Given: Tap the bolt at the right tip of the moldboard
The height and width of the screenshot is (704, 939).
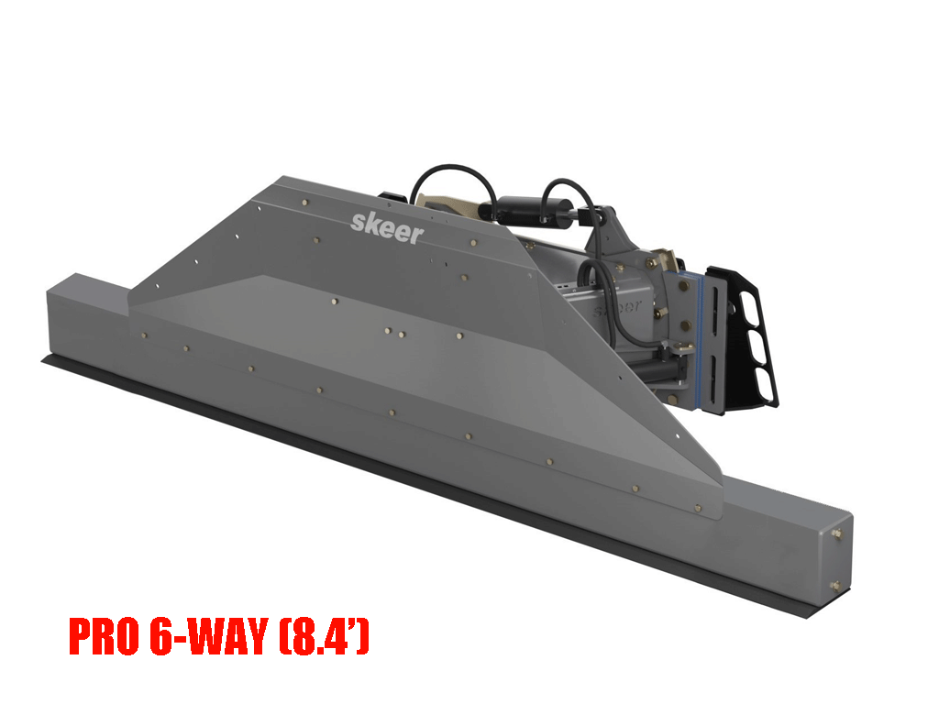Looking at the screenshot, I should pyautogui.click(x=698, y=506).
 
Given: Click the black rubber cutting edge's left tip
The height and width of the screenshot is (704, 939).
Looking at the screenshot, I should pyautogui.click(x=46, y=361).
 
